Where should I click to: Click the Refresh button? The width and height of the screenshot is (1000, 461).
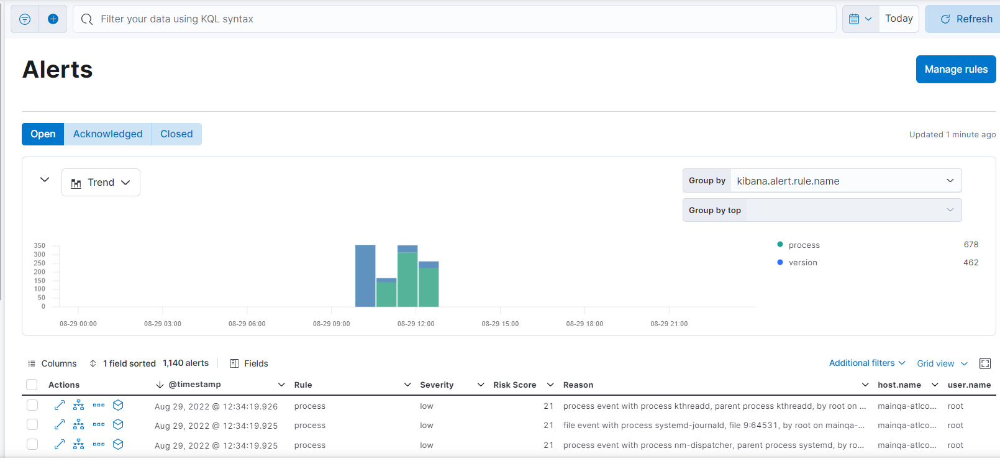click(966, 19)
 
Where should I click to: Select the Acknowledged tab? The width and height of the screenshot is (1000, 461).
click(107, 134)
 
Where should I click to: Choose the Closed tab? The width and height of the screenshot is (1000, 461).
click(176, 134)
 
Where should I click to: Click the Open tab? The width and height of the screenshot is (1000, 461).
click(43, 134)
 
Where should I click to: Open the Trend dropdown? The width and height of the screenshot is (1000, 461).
click(101, 183)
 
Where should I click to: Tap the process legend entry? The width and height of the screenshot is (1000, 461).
click(804, 245)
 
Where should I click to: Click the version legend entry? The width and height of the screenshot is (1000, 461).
click(802, 263)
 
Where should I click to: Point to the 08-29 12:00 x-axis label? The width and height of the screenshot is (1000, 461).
click(416, 324)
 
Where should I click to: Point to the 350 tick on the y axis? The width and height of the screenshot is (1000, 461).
click(39, 246)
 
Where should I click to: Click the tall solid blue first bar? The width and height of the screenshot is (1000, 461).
click(365, 276)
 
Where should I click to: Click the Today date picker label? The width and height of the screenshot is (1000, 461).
click(899, 19)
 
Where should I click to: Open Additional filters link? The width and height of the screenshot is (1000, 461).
click(866, 363)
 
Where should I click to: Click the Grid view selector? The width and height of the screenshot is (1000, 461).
click(942, 363)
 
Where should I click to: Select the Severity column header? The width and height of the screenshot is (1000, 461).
click(437, 385)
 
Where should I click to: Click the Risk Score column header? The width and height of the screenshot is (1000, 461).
click(514, 385)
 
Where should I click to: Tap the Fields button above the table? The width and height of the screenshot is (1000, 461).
click(249, 363)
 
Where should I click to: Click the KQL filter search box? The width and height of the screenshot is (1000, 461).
click(460, 19)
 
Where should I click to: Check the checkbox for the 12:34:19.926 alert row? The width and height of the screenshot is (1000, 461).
click(32, 406)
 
